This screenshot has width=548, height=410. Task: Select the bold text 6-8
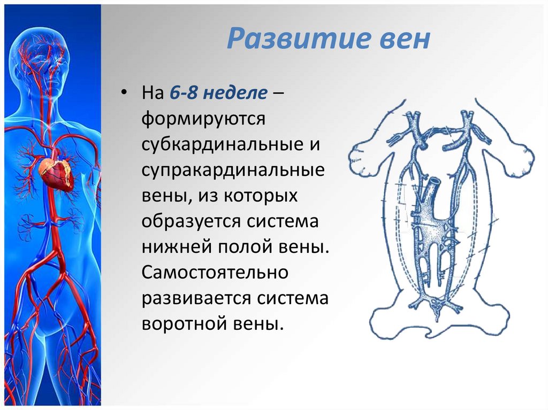(184, 93)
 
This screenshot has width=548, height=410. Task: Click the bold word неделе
(235, 93)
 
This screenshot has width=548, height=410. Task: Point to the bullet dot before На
(123, 93)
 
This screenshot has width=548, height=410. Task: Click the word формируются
(203, 119)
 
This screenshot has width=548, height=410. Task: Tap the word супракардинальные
(233, 171)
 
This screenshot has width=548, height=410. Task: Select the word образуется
(191, 222)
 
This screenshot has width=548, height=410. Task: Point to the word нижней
(177, 246)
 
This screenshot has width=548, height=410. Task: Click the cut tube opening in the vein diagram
(434, 182)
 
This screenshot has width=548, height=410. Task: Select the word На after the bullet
(153, 93)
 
